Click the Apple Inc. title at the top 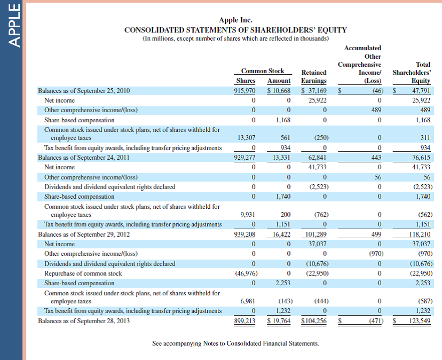click(235, 20)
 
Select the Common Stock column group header click(263, 71)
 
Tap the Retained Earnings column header click(314, 76)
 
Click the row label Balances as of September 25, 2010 click(84, 91)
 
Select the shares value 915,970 click(245, 91)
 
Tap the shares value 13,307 click(246, 138)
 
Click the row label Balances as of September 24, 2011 click(84, 158)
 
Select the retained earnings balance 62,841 click(317, 158)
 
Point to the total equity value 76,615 click(421, 158)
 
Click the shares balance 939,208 click(245, 234)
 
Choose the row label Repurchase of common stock click(83, 273)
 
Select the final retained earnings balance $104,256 click(314, 321)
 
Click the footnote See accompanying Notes click(235, 343)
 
